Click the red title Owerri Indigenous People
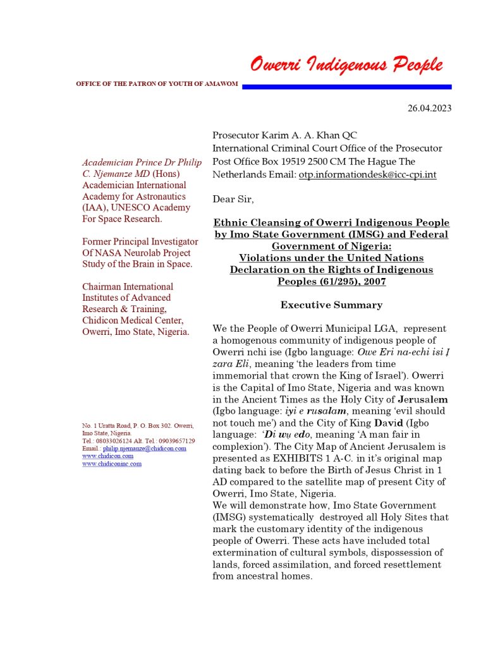pyautogui.click(x=346, y=64)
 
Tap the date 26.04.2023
pyautogui.click(x=429, y=108)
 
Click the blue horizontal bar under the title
pyautogui.click(x=346, y=87)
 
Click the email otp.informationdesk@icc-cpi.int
pyautogui.click(x=367, y=174)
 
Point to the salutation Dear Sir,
pyautogui.click(x=233, y=199)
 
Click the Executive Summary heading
pyautogui.click(x=331, y=305)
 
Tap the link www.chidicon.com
pyautogui.click(x=107, y=456)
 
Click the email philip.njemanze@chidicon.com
pyautogui.click(x=144, y=448)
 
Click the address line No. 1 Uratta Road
pyautogui.click(x=107, y=425)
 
